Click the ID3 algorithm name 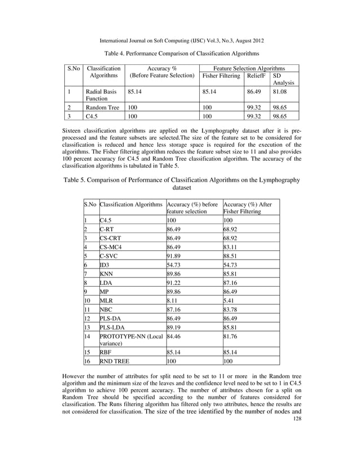click(105, 265)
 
